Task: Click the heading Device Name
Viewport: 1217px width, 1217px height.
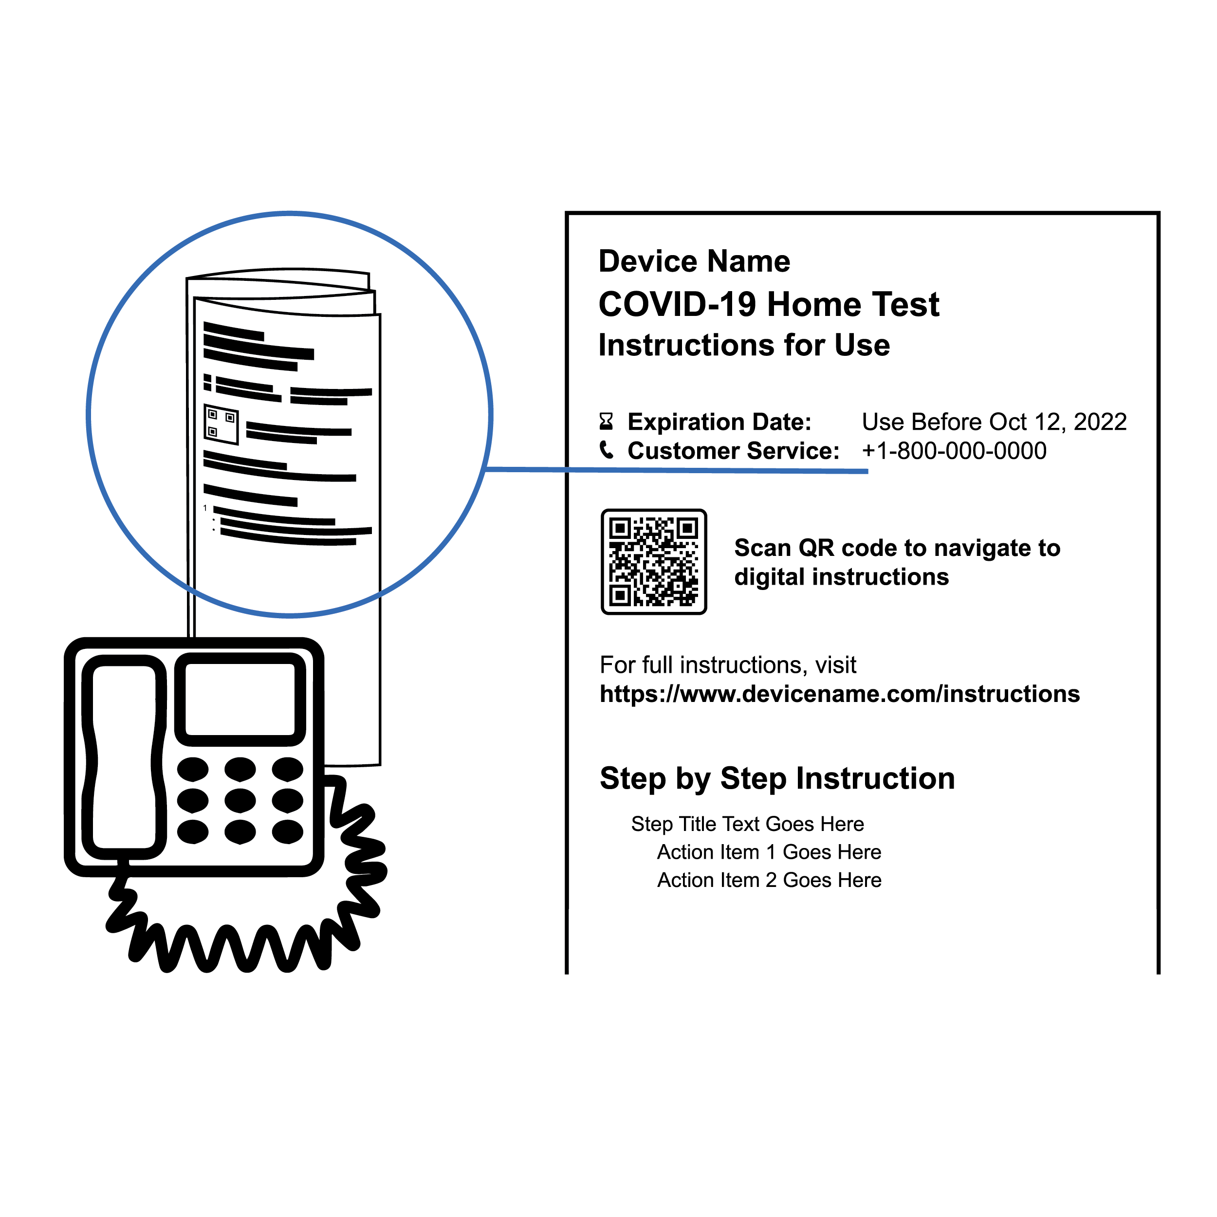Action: pos(694,261)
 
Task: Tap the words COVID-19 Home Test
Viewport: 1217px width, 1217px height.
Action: pos(769,304)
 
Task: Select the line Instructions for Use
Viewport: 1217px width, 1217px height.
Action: pos(744,345)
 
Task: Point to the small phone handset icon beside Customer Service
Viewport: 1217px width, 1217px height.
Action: pos(607,450)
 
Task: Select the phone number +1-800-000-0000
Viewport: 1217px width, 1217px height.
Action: pos(954,450)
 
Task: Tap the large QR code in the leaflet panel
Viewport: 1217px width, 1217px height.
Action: pos(654,562)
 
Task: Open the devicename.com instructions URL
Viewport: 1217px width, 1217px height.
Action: pos(840,694)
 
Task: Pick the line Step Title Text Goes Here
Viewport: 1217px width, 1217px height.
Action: pos(748,824)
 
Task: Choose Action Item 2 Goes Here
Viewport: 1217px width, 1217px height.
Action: pos(769,880)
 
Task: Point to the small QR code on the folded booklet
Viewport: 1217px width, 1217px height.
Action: pos(221,424)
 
